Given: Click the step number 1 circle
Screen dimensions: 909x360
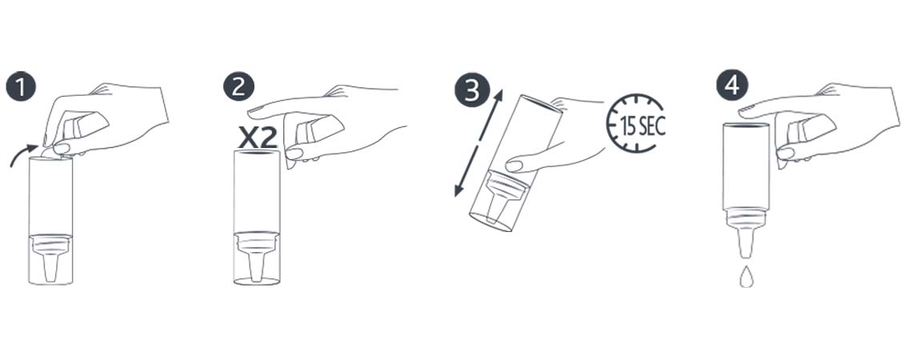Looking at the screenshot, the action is [x=21, y=87].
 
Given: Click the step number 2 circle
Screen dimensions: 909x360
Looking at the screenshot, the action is [x=238, y=87].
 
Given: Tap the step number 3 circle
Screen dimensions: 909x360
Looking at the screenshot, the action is [x=472, y=91].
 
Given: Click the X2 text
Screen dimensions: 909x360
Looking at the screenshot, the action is [x=258, y=138].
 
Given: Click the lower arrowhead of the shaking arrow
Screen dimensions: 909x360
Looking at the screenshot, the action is [x=459, y=190].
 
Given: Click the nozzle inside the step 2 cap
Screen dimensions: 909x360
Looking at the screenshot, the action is [x=256, y=261].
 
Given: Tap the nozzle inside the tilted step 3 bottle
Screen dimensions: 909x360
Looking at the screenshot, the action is [x=498, y=200].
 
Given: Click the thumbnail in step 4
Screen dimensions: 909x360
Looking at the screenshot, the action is [x=786, y=154].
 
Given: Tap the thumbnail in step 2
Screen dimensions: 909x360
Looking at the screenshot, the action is [x=294, y=154].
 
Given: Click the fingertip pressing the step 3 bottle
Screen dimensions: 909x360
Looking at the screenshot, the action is [x=514, y=166].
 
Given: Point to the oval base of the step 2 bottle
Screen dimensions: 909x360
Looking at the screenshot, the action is [x=257, y=282].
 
